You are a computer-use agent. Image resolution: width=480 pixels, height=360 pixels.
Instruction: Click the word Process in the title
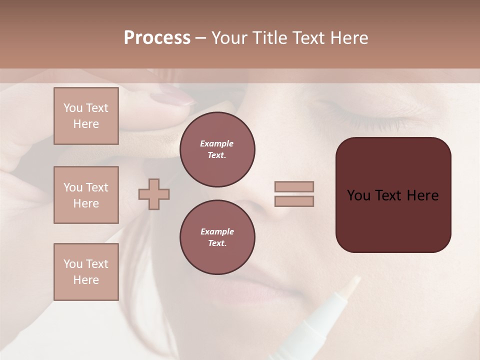click(157, 38)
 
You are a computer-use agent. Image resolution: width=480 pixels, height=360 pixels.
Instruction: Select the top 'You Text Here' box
click(86, 116)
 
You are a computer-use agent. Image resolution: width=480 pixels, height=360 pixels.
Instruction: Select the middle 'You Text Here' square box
click(86, 195)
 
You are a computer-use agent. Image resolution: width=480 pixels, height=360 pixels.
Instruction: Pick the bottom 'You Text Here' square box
click(86, 272)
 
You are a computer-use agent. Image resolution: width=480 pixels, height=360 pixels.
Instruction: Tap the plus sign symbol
click(154, 194)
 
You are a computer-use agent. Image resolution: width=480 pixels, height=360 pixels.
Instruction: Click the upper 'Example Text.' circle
click(217, 149)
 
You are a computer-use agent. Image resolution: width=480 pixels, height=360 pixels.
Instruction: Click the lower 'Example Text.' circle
click(217, 237)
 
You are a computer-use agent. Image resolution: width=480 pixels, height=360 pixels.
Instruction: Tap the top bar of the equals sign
click(294, 187)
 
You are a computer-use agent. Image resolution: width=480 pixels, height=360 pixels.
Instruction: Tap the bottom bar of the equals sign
click(294, 201)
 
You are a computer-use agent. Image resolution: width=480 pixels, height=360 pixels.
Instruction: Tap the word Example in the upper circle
click(217, 143)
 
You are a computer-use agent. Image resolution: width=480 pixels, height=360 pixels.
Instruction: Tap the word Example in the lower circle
click(217, 231)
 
